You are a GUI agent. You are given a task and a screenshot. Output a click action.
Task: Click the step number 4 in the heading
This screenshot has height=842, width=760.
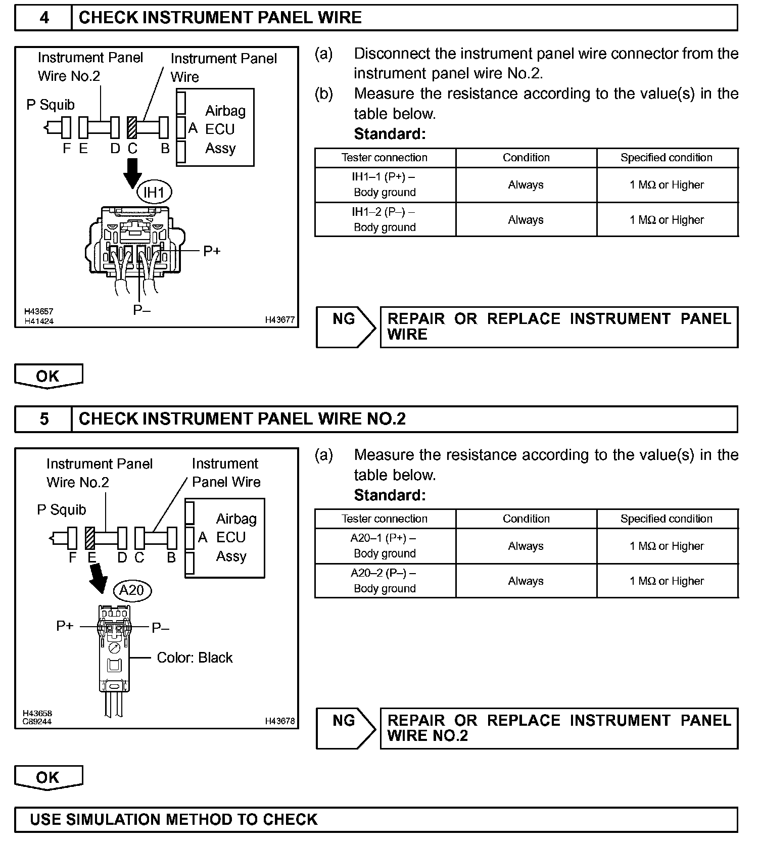point(44,18)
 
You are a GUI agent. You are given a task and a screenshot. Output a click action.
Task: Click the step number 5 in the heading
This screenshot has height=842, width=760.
point(44,419)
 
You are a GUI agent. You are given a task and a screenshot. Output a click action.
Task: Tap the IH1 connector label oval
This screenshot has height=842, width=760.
point(155,193)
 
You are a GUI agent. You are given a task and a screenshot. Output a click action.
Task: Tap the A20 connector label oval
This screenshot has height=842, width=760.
point(132,590)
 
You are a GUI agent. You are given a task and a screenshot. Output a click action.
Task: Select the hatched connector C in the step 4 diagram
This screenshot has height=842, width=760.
point(132,128)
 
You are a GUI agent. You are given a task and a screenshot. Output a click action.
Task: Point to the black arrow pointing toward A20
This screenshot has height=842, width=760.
point(99,578)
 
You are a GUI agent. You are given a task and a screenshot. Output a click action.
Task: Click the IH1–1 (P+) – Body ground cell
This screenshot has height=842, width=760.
point(385,185)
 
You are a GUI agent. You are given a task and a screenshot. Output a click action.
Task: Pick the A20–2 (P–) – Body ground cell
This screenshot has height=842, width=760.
point(385,581)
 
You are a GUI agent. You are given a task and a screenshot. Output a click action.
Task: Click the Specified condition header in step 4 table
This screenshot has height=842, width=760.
point(667,158)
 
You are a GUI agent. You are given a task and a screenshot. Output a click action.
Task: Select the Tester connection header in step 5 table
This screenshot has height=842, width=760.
point(385,519)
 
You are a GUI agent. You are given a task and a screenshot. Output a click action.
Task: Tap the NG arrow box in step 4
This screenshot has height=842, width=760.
point(346,327)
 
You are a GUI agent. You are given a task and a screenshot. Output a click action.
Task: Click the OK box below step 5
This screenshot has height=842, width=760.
point(48,777)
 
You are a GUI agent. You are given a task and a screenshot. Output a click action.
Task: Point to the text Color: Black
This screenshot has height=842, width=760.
point(195,658)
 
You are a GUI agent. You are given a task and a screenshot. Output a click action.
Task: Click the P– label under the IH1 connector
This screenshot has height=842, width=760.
point(142,310)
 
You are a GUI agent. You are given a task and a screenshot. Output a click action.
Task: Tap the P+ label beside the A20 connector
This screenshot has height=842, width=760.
point(65,626)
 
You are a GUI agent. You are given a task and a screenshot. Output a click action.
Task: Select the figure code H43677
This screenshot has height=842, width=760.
point(279,320)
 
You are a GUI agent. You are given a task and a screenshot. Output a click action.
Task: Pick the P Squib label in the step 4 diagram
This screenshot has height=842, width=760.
point(51,105)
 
